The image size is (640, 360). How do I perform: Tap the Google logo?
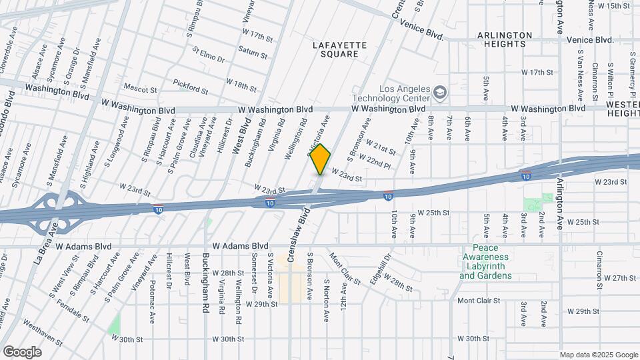point(22,351)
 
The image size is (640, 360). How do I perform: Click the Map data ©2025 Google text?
point(598,355)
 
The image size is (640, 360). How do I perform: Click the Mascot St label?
point(140,88)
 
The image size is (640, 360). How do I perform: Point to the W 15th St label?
point(613,6)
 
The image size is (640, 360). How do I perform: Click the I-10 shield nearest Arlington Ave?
point(526,175)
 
